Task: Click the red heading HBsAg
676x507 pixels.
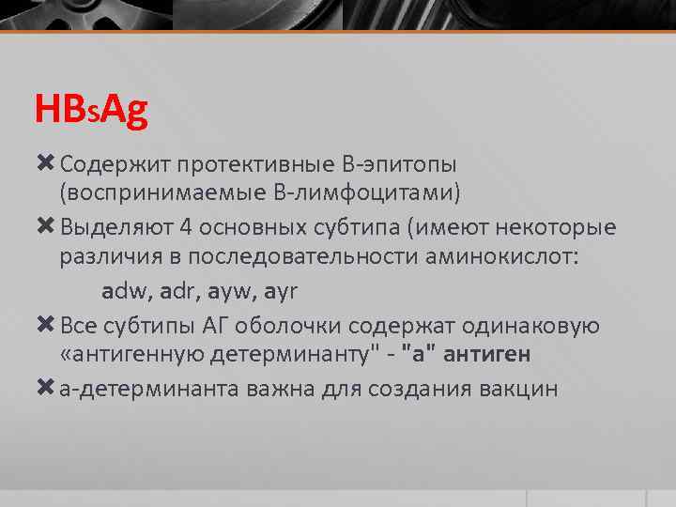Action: (x=91, y=111)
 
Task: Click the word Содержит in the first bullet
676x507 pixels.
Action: (x=102, y=165)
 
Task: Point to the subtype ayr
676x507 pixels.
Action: (x=281, y=291)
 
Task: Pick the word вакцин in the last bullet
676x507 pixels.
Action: (x=520, y=388)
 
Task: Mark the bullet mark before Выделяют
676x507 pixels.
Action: (x=46, y=228)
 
